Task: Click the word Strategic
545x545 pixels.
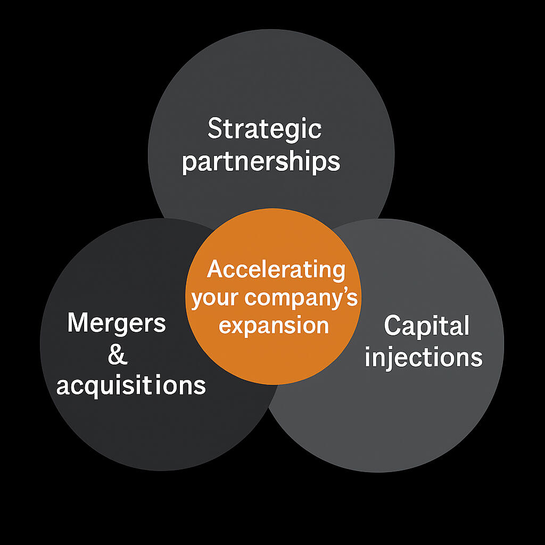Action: pyautogui.click(x=265, y=129)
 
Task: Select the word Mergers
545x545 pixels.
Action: pyautogui.click(x=117, y=323)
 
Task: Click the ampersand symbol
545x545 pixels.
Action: pyautogui.click(x=118, y=354)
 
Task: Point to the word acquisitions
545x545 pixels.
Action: pyautogui.click(x=131, y=385)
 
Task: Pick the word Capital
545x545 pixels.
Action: pyautogui.click(x=426, y=326)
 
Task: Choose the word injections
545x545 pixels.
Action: pyautogui.click(x=424, y=358)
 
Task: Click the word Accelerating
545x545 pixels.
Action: pyautogui.click(x=276, y=270)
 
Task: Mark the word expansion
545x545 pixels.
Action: pyautogui.click(x=274, y=325)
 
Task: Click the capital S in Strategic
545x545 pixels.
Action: pyautogui.click(x=215, y=129)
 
